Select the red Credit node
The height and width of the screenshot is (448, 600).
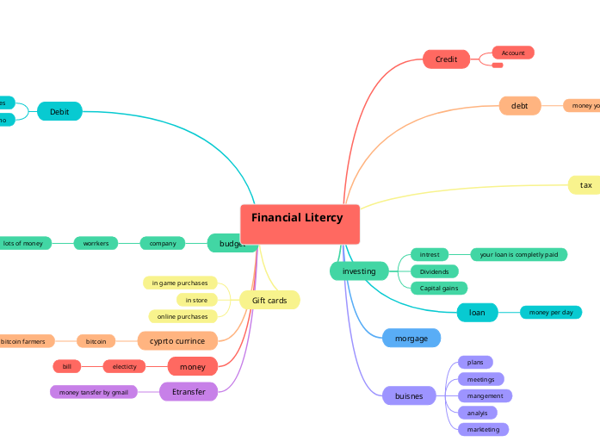pyautogui.click(x=446, y=59)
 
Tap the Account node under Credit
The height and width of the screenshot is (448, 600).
pyautogui.click(x=513, y=53)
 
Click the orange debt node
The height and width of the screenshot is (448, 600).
pyautogui.click(x=520, y=106)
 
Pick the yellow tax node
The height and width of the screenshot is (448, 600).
pyautogui.click(x=585, y=185)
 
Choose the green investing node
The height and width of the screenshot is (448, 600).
pyautogui.click(x=359, y=271)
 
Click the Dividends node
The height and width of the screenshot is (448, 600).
pyautogui.click(x=434, y=271)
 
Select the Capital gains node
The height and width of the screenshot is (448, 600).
pyautogui.click(x=438, y=288)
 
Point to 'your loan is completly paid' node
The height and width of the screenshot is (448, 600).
pyautogui.click(x=518, y=254)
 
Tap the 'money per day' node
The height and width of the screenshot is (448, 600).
pyautogui.click(x=551, y=312)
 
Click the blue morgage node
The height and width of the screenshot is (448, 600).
pyautogui.click(x=411, y=339)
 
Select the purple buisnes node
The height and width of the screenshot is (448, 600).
pyautogui.click(x=409, y=396)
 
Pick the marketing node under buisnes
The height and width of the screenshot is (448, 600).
pyautogui.click(x=483, y=429)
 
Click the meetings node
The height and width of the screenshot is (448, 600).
pyautogui.click(x=480, y=379)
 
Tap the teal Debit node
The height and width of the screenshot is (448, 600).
pyautogui.click(x=59, y=111)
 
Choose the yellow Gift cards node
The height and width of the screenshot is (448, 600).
pyautogui.click(x=269, y=300)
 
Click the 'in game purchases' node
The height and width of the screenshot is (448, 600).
pyautogui.click(x=180, y=283)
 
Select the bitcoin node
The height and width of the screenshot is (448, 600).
pyautogui.click(x=96, y=341)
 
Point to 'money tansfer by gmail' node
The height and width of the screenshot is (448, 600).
pyautogui.click(x=93, y=392)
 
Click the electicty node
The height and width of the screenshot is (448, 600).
pyautogui.click(x=125, y=366)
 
